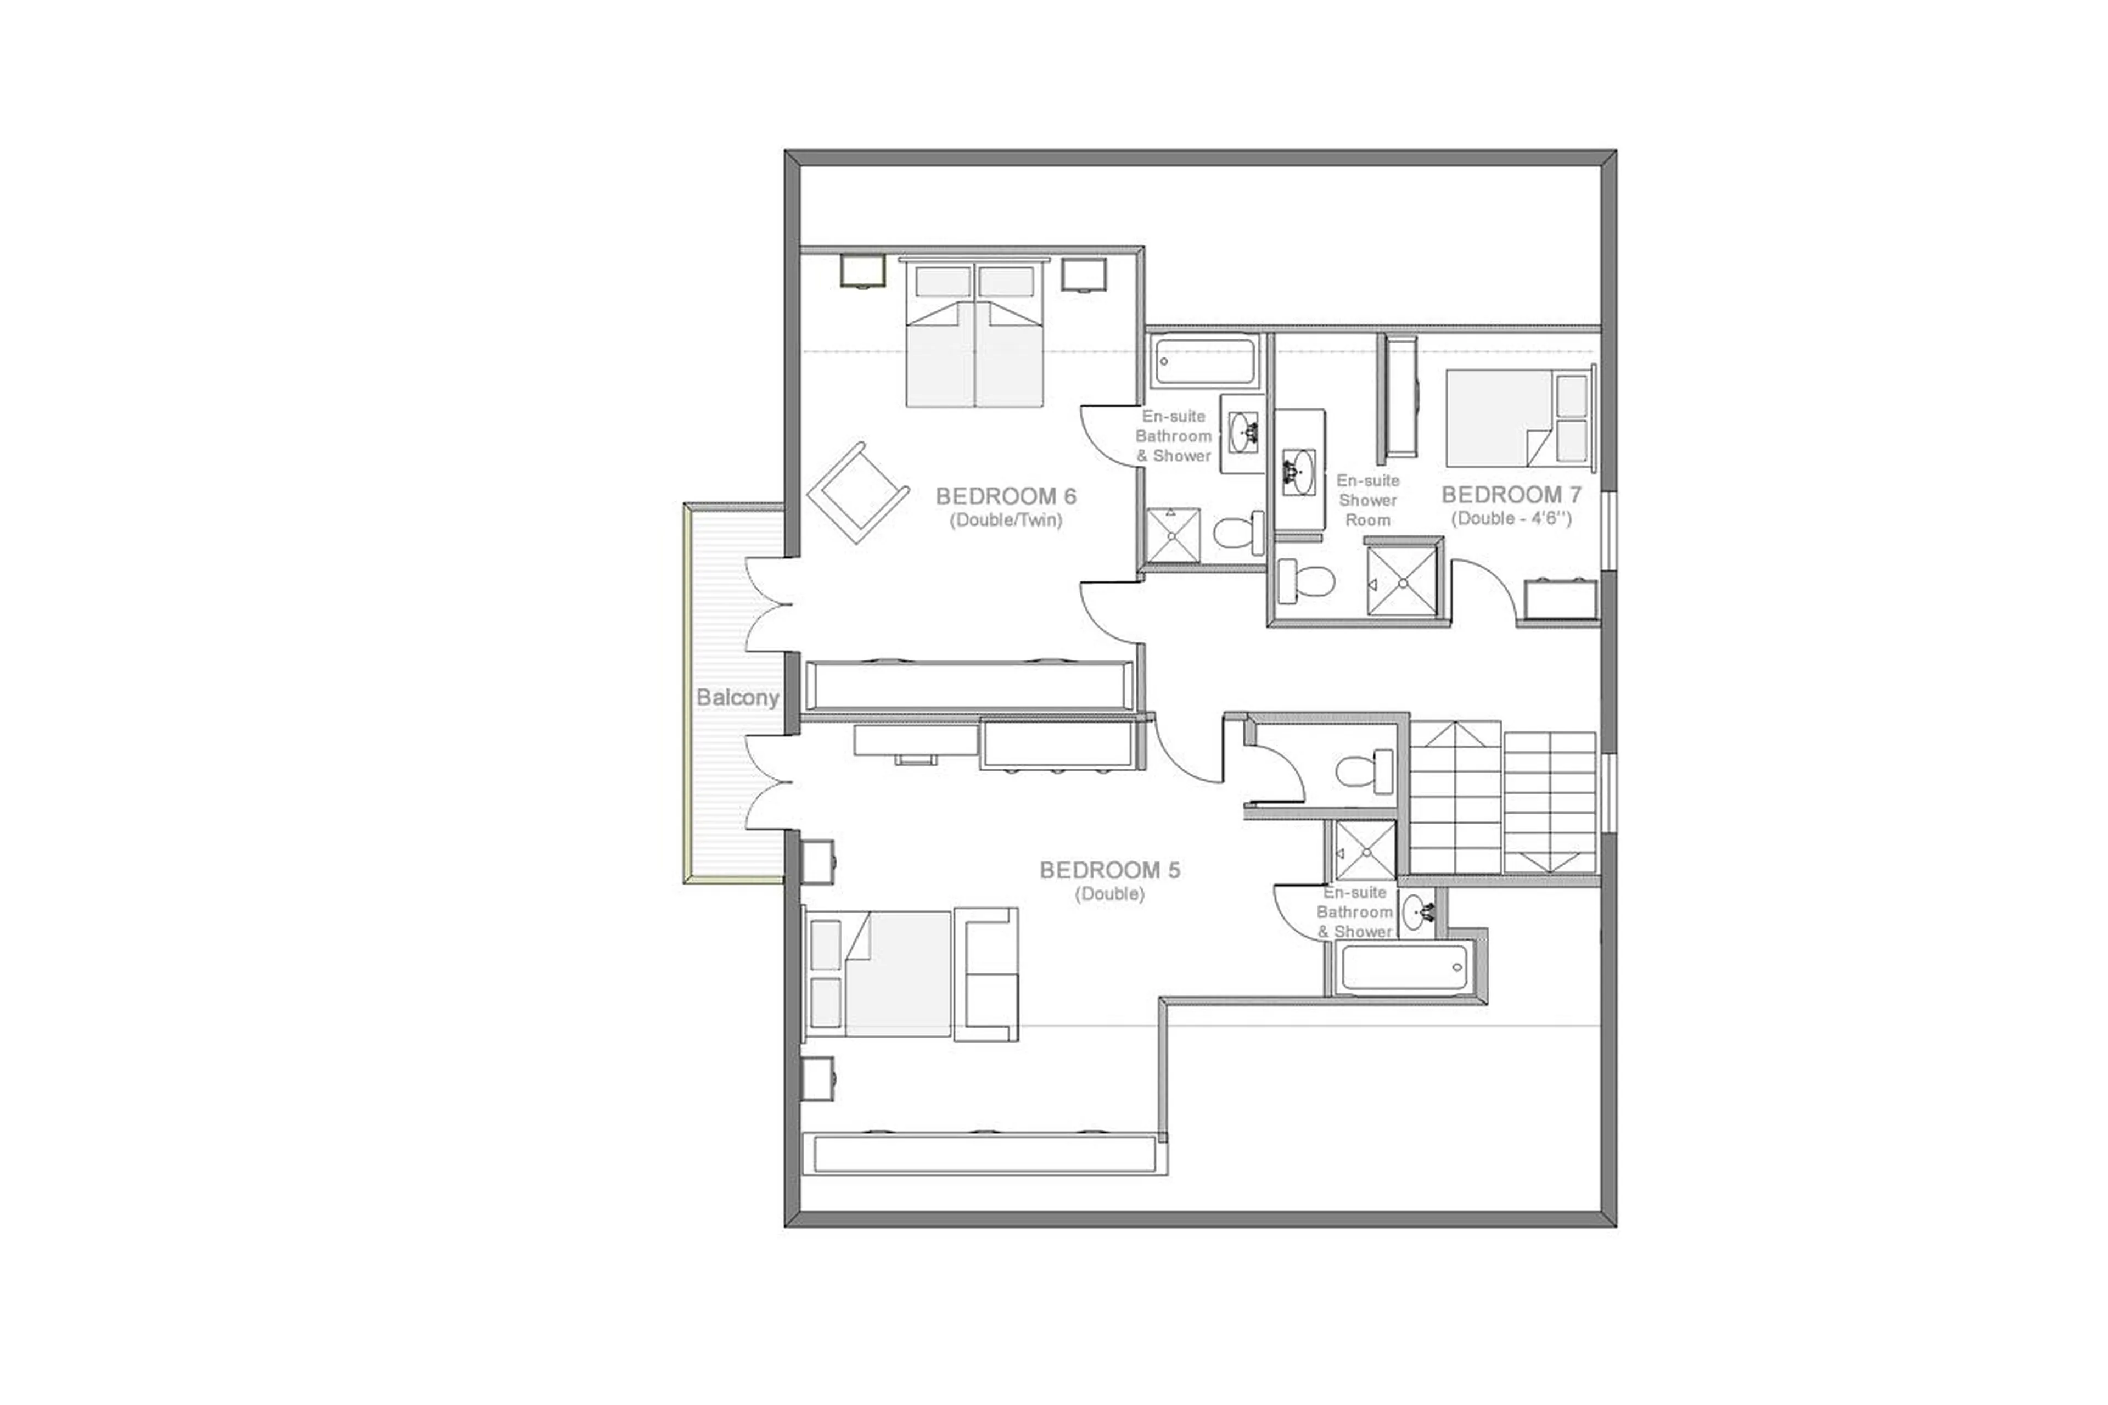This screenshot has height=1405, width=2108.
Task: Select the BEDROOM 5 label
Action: pos(1109,870)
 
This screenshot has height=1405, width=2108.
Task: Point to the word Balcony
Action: pos(737,697)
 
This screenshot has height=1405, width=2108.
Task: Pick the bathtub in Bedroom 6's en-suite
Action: pos(1203,361)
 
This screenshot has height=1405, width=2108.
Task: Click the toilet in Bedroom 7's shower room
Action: pos(1305,581)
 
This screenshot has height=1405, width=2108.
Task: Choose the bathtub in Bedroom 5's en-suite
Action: pos(1404,968)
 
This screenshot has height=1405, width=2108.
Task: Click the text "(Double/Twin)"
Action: pos(1005,520)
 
